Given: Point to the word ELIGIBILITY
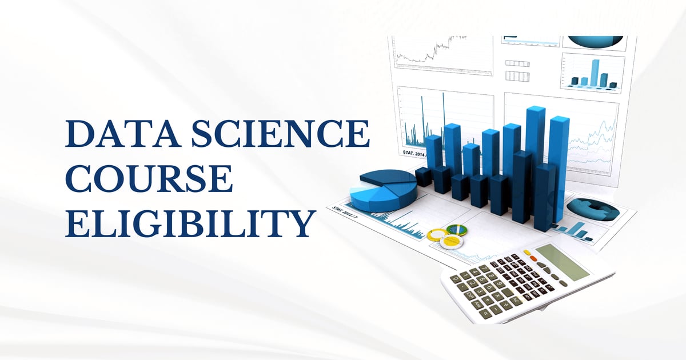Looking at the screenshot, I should coord(190,223).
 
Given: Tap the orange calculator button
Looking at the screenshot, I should coord(533,258).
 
